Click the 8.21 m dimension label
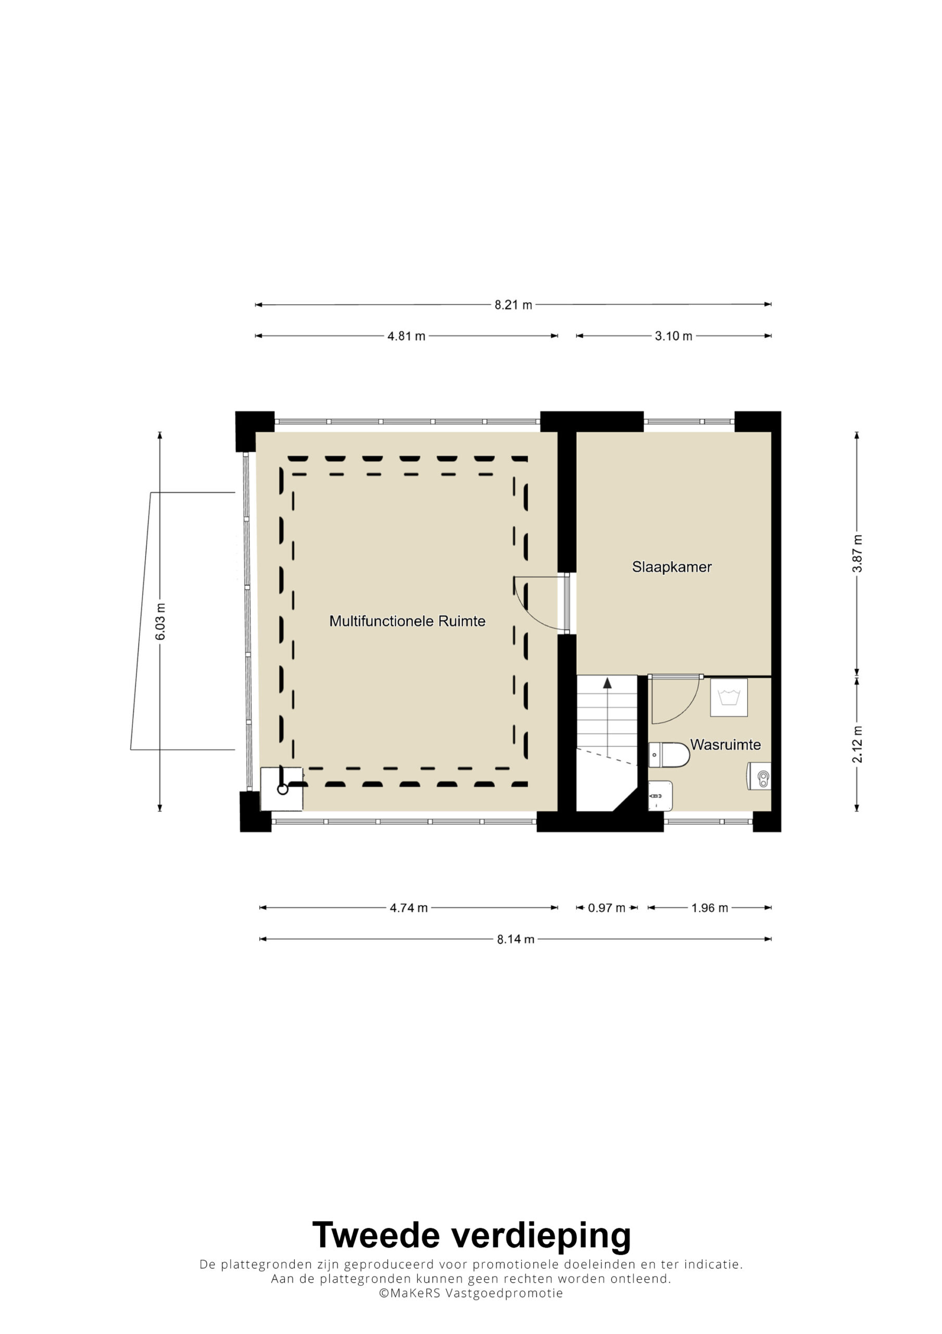coord(513,305)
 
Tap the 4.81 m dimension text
coord(406,337)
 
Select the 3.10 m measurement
coord(673,337)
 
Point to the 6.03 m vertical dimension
coord(160,622)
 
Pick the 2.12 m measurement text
coord(857,745)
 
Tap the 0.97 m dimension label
coord(606,908)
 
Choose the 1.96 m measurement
coord(709,908)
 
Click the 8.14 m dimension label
coord(515,940)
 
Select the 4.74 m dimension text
coord(408,908)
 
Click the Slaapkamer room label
coord(672,567)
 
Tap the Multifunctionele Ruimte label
coord(407,621)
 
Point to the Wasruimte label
coord(725,745)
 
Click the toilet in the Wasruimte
coord(669,755)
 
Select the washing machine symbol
coord(729,697)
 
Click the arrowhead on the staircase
coord(608,683)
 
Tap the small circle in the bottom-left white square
coord(283,789)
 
